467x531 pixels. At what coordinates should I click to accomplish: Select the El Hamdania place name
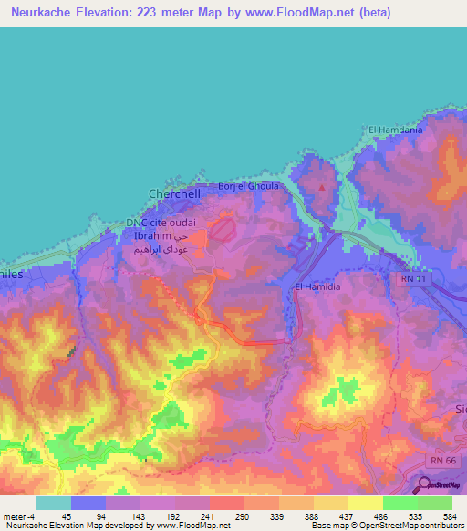coord(395,130)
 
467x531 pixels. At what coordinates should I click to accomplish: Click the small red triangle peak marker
coord(320,187)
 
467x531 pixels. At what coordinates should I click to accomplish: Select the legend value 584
coord(449,515)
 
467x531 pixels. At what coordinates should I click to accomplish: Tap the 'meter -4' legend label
coord(20,515)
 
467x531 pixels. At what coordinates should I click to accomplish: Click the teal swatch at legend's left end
coord(54,503)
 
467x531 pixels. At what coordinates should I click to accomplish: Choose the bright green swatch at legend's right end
coord(435,503)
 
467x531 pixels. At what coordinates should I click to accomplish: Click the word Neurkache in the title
coord(41,11)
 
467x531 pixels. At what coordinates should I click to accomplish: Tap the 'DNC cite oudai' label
coord(158,224)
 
